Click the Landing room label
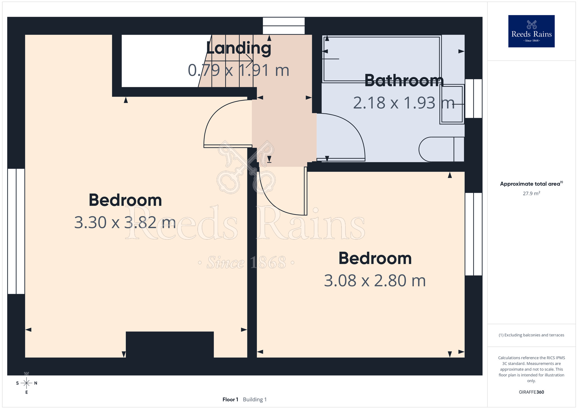point(239,48)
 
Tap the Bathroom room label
point(404,81)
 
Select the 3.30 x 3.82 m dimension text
point(125,222)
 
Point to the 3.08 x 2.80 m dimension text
point(375,281)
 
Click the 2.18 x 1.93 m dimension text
point(404,103)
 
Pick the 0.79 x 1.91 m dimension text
point(238,70)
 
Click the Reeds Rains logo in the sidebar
point(531,31)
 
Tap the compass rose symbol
point(27,383)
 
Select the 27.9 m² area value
point(531,193)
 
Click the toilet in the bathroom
point(441,149)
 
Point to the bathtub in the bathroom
point(381,59)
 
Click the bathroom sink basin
point(452,104)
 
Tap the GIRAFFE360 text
point(531,392)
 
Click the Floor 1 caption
point(230,399)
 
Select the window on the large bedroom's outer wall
point(16,231)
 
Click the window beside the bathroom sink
point(474,99)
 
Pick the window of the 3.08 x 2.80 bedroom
point(474,234)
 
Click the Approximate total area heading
point(531,184)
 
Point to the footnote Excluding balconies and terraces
point(531,335)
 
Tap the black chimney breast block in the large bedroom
point(170,344)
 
